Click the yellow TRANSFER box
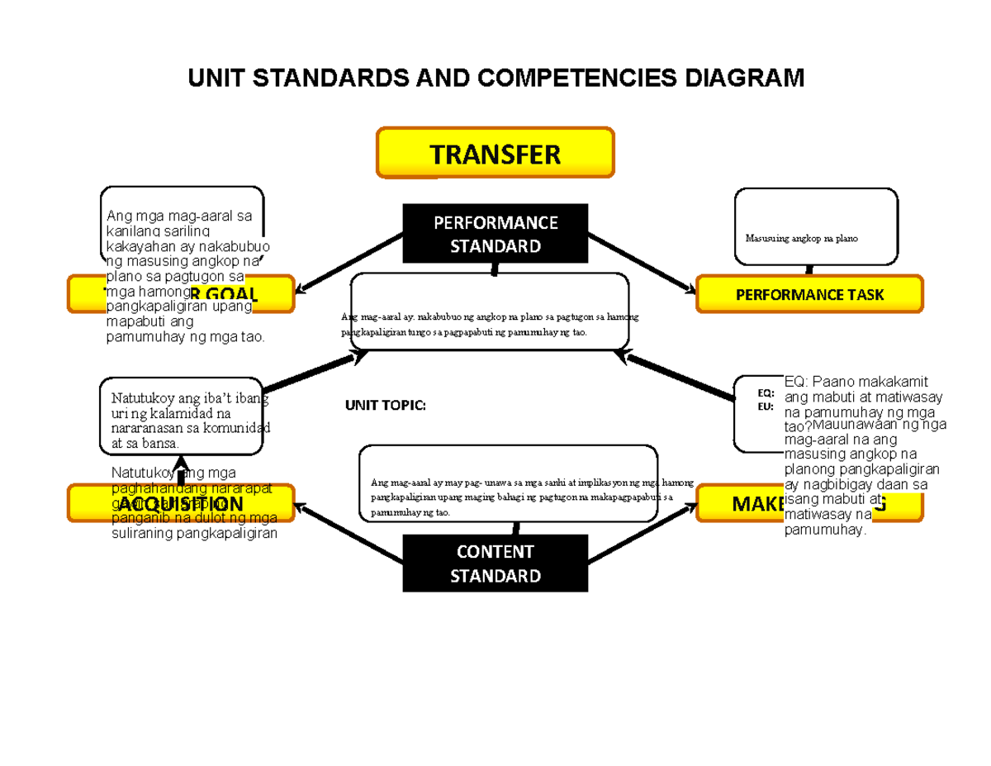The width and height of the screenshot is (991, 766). pyautogui.click(x=495, y=153)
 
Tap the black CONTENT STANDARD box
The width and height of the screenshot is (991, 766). pyautogui.click(x=495, y=564)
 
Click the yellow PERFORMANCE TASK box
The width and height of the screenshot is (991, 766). pyautogui.click(x=809, y=295)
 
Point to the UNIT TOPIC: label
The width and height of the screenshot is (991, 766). pyautogui.click(x=385, y=406)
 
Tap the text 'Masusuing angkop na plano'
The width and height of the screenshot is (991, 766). pyautogui.click(x=801, y=239)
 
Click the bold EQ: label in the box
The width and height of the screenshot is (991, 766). pyautogui.click(x=766, y=393)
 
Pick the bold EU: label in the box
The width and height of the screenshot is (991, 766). pyautogui.click(x=766, y=406)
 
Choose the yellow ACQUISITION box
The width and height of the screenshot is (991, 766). pyautogui.click(x=181, y=504)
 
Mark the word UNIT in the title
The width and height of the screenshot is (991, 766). pyautogui.click(x=216, y=79)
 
